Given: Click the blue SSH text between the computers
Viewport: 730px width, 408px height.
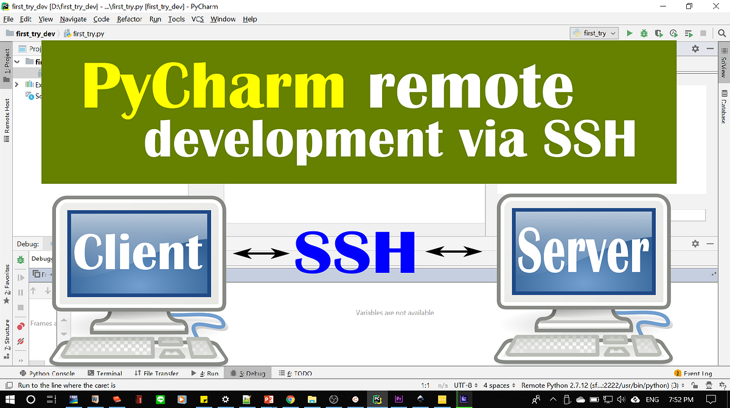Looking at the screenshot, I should tap(355, 251).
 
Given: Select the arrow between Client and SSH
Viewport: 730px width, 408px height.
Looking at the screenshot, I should tap(260, 251).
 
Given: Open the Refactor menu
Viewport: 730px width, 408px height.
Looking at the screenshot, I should tap(130, 19).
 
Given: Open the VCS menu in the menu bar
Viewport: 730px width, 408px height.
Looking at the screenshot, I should tap(198, 19).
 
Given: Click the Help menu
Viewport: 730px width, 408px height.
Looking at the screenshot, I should tap(250, 19).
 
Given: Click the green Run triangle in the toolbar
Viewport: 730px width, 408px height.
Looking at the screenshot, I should tap(630, 33).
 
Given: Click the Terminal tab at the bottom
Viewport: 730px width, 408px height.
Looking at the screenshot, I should tap(105, 373).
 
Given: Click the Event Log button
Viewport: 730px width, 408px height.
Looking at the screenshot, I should tap(693, 373).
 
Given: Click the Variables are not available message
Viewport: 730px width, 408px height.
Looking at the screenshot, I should tap(395, 312).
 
